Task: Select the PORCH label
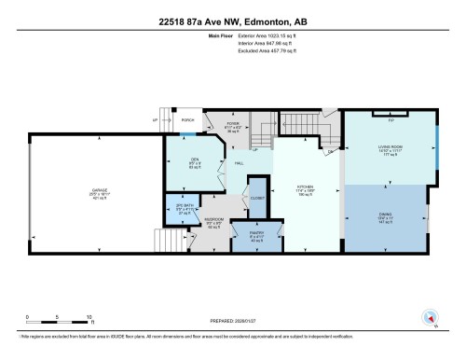187,119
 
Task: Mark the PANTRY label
257,235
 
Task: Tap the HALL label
239,164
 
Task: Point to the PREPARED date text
233,323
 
